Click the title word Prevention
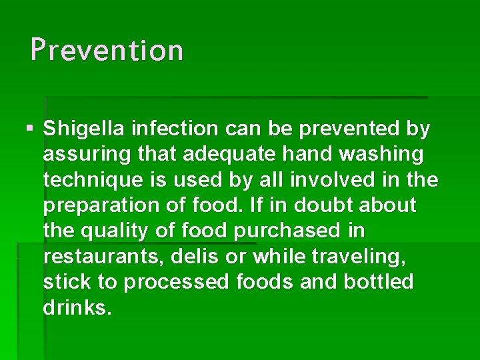[107, 50]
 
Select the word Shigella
[84, 129]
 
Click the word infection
[175, 129]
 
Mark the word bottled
[379, 282]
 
